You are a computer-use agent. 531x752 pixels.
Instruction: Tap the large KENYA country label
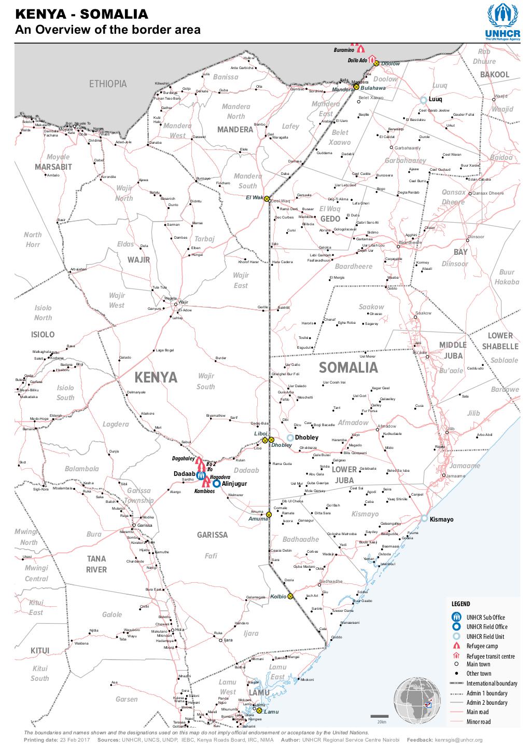click(x=156, y=377)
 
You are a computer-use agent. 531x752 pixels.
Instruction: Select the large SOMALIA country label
click(x=348, y=367)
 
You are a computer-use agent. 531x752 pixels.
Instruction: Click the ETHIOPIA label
click(x=108, y=84)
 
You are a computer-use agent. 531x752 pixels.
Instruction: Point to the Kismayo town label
click(x=442, y=519)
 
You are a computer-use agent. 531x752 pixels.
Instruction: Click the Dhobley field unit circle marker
click(x=290, y=437)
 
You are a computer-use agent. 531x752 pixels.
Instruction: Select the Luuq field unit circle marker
click(x=423, y=99)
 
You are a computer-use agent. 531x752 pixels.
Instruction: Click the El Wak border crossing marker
click(x=267, y=199)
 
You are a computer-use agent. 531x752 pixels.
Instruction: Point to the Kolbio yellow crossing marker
click(x=290, y=596)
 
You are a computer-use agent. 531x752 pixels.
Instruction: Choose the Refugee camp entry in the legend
click(x=482, y=646)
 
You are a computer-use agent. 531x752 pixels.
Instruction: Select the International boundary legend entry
click(x=492, y=683)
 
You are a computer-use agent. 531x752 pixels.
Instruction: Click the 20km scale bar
click(x=381, y=717)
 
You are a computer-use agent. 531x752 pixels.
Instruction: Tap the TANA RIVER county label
click(x=96, y=564)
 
